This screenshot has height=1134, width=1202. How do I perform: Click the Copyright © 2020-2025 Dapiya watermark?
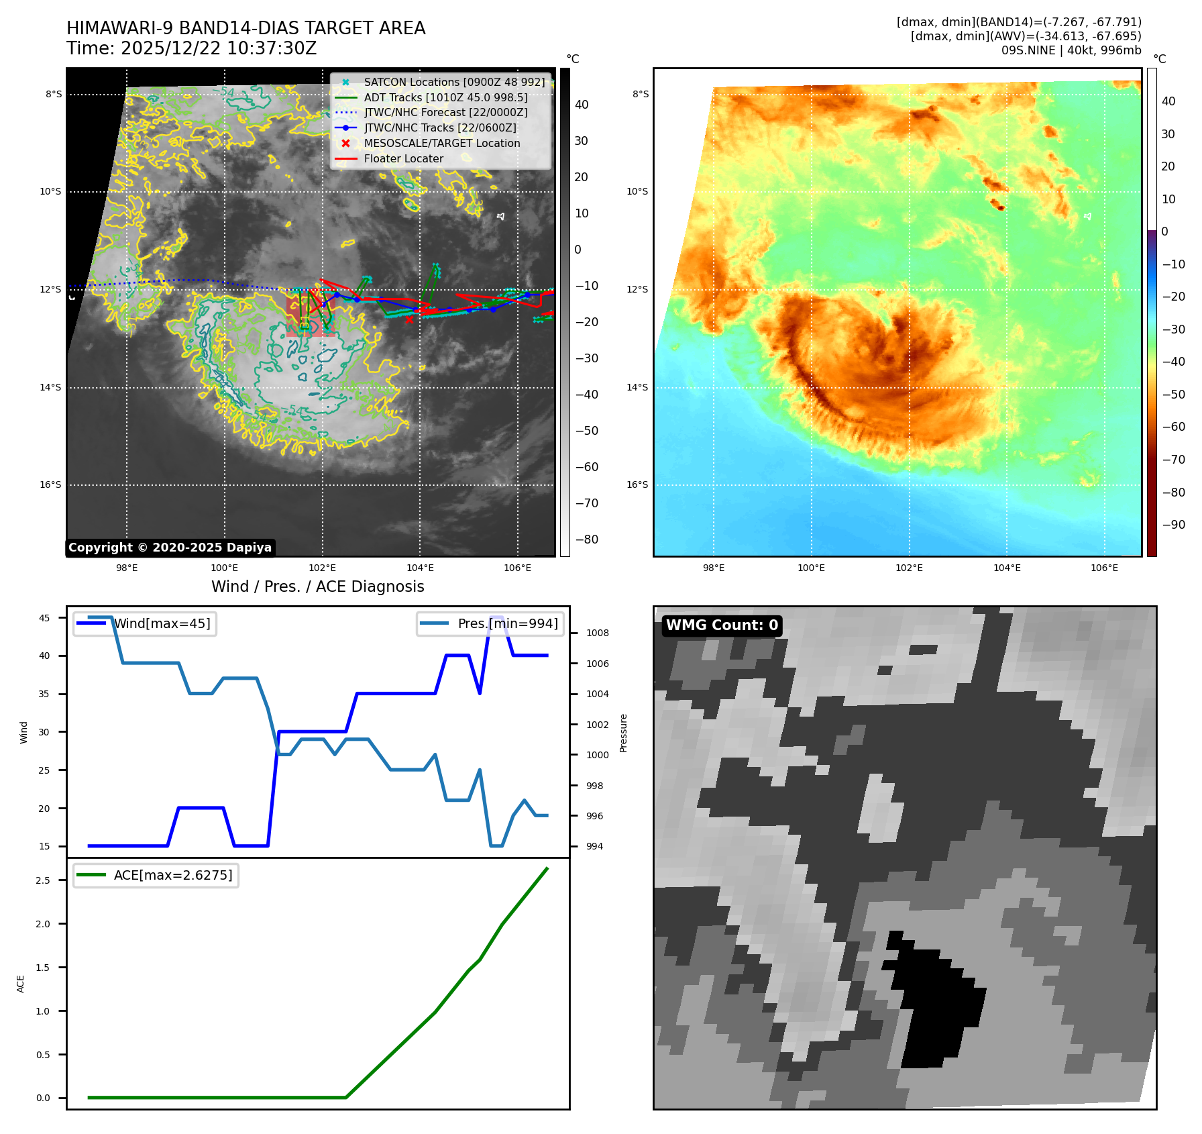170,548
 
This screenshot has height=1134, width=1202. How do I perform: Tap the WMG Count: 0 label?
722,625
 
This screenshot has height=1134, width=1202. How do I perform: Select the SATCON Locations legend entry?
454,82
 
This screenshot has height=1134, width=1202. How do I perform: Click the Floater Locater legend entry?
403,159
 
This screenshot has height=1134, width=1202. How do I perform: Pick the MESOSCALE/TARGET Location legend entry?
441,144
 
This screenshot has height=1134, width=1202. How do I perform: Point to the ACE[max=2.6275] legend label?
173,875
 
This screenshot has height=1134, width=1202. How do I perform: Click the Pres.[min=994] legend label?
508,623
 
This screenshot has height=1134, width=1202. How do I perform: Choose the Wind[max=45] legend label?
162,623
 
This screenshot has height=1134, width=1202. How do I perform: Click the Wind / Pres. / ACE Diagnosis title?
317,586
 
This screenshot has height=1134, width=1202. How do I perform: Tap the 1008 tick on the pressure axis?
597,633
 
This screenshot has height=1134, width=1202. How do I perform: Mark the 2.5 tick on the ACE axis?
43,880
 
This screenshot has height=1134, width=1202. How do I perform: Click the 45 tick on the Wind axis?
44,618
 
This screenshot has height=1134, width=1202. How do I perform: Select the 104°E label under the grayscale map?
420,568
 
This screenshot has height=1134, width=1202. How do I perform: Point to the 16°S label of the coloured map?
637,484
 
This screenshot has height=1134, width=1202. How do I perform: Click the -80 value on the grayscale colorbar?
586,539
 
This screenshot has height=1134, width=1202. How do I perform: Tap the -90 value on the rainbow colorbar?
1173,525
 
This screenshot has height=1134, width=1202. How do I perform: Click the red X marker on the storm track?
409,319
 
